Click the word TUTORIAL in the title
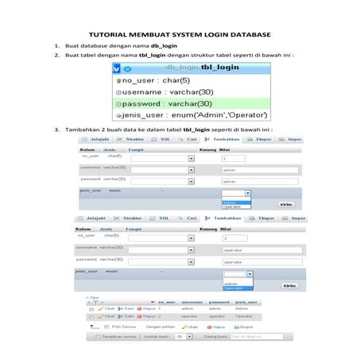[x=108, y=36]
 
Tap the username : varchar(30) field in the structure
[x=162, y=91]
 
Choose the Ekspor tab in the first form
[x=265, y=138]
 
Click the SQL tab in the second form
[x=164, y=218]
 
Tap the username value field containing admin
[x=259, y=169]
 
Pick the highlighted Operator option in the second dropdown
[x=236, y=288]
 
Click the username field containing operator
[x=259, y=249]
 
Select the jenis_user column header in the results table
[x=246, y=302]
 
